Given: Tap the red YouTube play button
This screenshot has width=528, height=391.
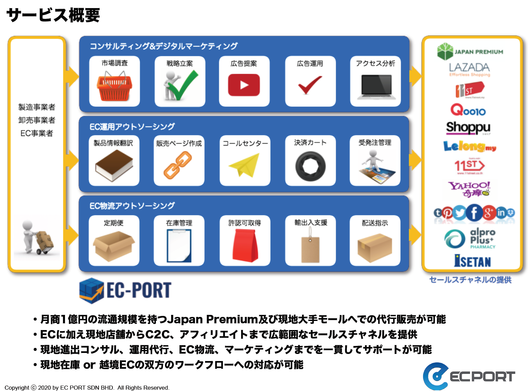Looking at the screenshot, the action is (243, 85).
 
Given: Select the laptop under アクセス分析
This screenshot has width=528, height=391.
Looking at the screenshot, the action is (376, 87).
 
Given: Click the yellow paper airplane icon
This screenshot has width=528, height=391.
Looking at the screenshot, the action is (244, 165).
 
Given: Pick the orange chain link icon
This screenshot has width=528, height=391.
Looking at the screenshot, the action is (177, 165).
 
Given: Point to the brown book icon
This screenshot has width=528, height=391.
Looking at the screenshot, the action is (114, 165).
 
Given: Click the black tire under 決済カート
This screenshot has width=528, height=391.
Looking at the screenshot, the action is (310, 166).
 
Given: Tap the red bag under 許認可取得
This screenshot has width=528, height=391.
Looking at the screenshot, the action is (245, 245).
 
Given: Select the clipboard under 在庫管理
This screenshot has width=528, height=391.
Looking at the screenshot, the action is (179, 246).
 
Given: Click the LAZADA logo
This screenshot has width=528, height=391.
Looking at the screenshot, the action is (469, 69).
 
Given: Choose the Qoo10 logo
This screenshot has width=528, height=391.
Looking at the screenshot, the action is (468, 110).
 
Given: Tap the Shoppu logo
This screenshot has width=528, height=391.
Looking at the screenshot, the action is (468, 128).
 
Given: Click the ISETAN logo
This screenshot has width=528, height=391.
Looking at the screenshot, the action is (472, 261).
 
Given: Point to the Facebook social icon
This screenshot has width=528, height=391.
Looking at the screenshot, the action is (474, 213).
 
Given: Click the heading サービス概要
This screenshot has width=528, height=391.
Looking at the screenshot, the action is (53, 15).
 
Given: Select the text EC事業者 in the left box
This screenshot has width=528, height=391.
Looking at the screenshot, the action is (37, 133).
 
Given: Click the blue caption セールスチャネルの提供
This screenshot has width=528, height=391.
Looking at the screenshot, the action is (470, 280).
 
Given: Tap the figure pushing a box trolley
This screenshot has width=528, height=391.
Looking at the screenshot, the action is (37, 237).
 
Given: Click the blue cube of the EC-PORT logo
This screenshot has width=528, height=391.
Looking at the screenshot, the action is (91, 290).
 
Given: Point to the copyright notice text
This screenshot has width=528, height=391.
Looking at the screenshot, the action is (87, 387).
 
